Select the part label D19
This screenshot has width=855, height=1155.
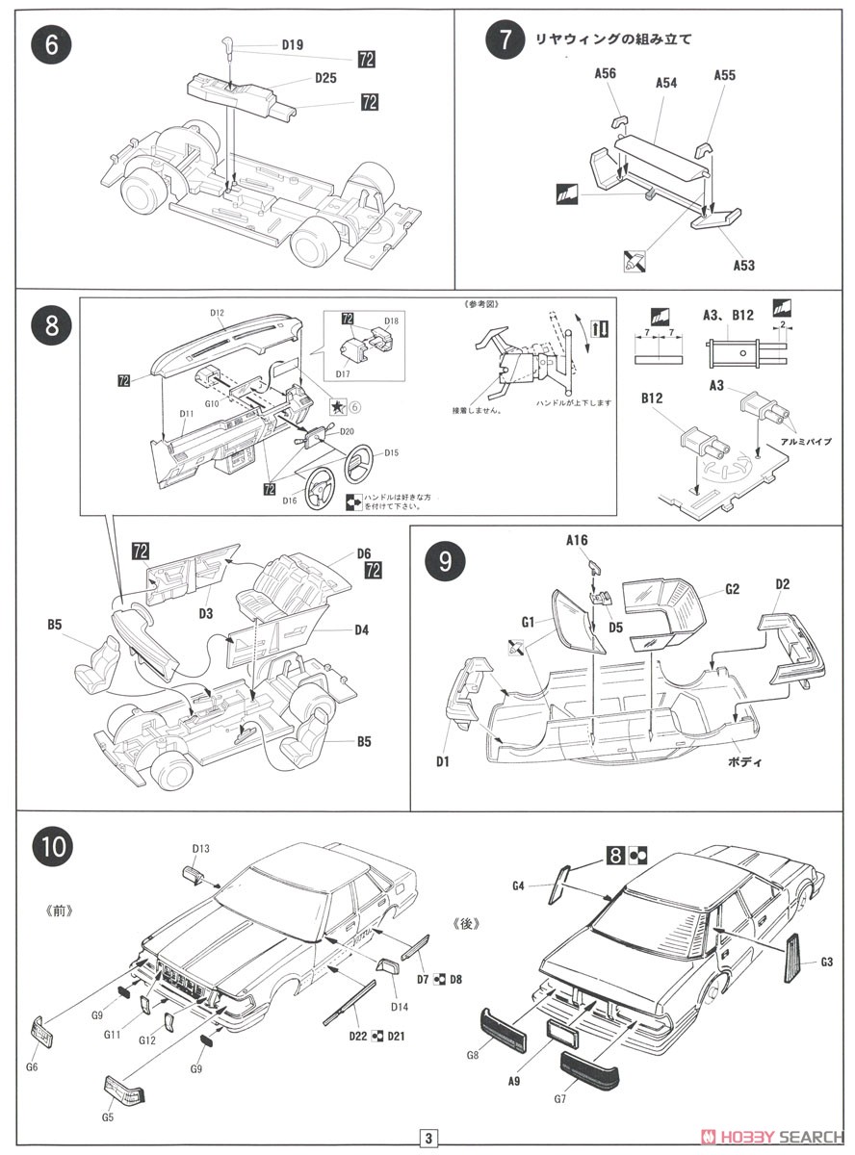(x=292, y=43)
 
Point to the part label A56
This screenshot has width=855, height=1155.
(x=605, y=72)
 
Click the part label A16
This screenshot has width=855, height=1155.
(x=577, y=541)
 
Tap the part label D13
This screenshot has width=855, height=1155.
(x=200, y=848)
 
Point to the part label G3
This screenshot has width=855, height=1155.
(x=827, y=962)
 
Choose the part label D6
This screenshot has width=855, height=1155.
(x=363, y=553)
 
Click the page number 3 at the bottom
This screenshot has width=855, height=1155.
(x=427, y=1136)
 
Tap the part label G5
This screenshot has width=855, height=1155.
(x=109, y=1118)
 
